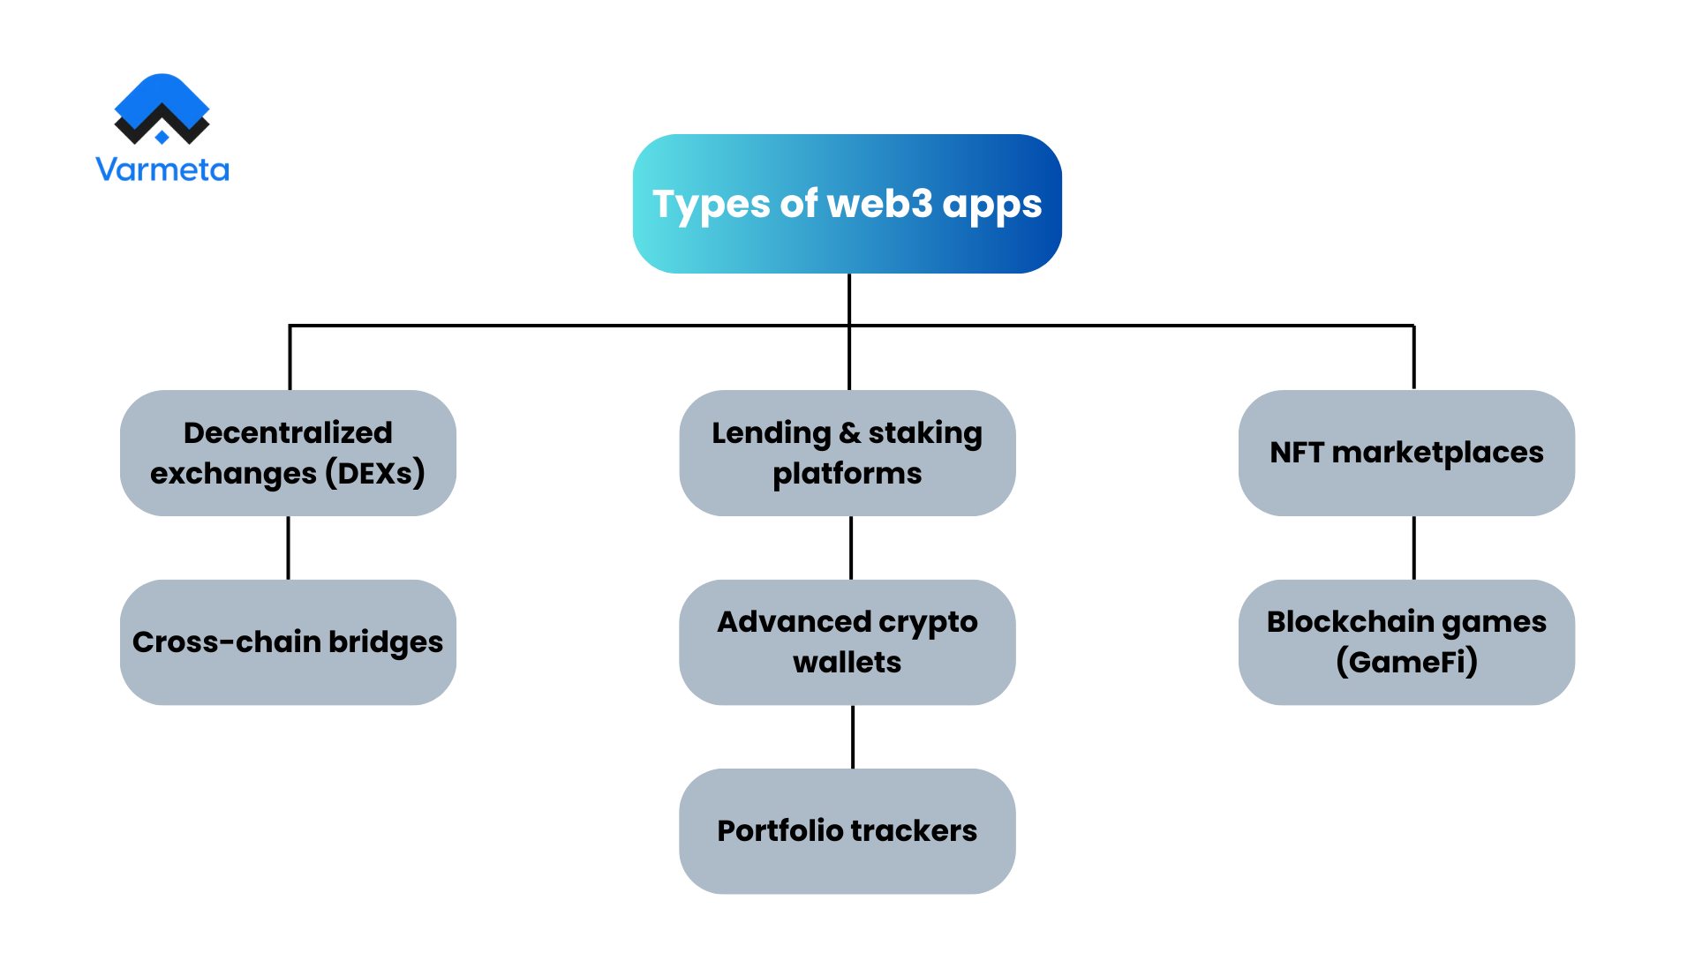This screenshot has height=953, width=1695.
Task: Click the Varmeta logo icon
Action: (162, 109)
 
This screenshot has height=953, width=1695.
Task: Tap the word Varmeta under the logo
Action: (162, 169)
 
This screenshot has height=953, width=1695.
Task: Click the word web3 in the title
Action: (879, 204)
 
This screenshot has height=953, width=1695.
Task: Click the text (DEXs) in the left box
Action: (375, 474)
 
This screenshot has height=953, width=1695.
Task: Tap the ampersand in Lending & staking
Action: (849, 433)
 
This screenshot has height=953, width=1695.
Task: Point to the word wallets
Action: (847, 663)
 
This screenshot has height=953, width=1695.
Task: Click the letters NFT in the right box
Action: (1297, 453)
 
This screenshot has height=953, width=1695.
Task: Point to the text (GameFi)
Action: (1406, 662)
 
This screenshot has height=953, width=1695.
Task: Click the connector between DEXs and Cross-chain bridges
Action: (288, 548)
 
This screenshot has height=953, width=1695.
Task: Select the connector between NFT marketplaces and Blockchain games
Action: (1413, 548)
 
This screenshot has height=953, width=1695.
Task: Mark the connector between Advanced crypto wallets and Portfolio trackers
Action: (852, 737)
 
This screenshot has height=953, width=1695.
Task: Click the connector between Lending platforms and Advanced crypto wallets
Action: (850, 548)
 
